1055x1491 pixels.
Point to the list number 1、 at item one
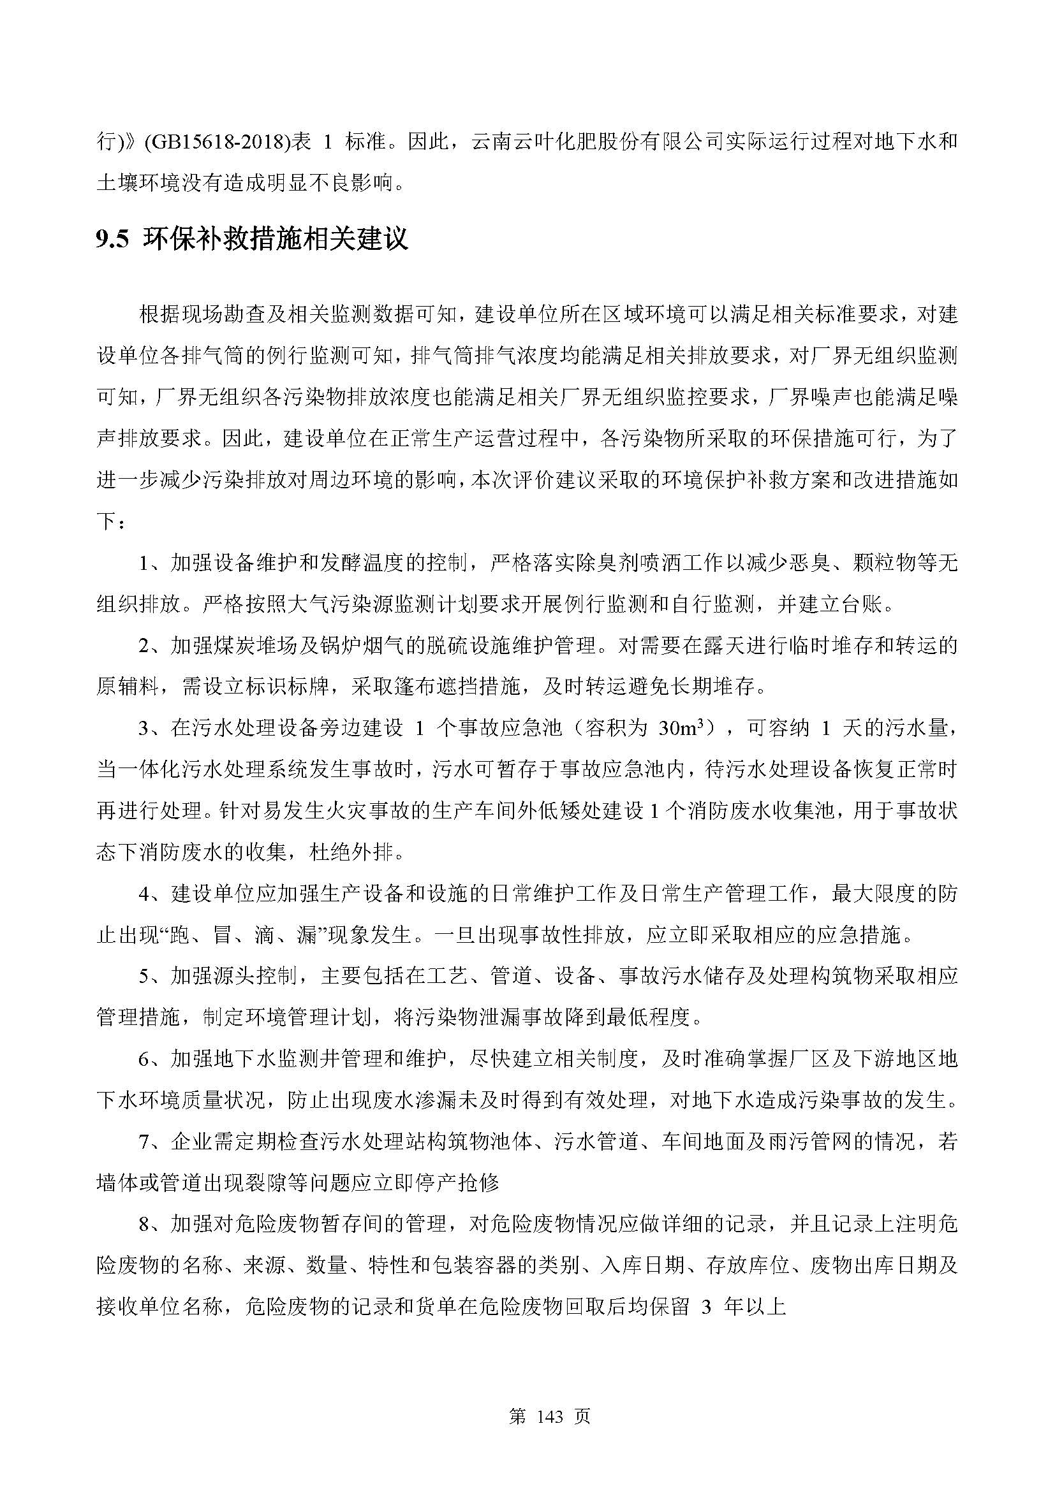coord(153,562)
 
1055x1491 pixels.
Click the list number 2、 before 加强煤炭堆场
coord(153,646)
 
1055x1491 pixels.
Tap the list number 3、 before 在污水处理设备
coord(153,728)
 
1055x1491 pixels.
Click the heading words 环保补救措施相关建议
coord(277,240)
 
